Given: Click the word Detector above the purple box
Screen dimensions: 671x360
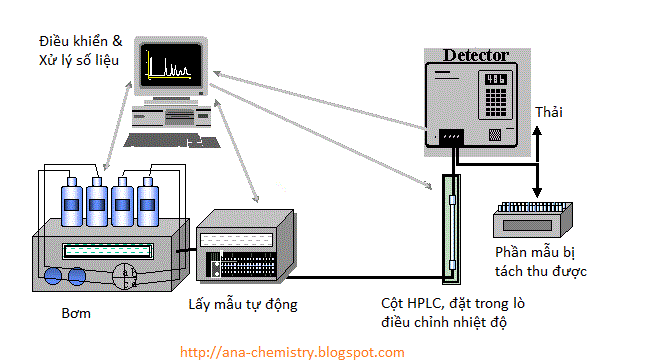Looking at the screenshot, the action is pyautogui.click(x=475, y=55).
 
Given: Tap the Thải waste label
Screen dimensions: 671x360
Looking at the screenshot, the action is pyautogui.click(x=549, y=111).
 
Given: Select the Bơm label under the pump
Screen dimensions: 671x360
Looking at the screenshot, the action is pyautogui.click(x=76, y=313).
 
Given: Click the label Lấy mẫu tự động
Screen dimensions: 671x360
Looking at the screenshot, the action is pyautogui.click(x=242, y=302).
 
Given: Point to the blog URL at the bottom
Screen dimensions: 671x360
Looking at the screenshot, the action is pyautogui.click(x=292, y=352).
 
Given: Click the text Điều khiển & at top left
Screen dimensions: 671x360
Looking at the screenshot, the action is pyautogui.click(x=80, y=42).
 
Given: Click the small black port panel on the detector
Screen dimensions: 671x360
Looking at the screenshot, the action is pyautogui.click(x=453, y=137).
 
